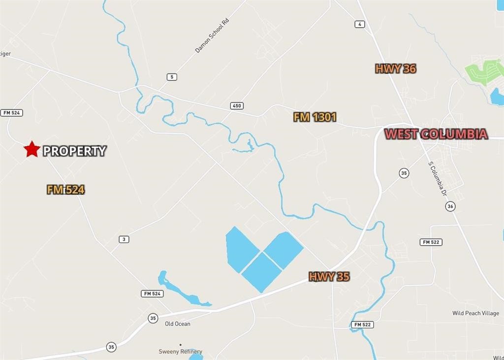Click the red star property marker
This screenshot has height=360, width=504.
pyautogui.click(x=32, y=149)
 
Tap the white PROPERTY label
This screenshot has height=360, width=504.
pyautogui.click(x=74, y=151)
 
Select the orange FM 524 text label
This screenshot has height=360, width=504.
pyautogui.click(x=66, y=190)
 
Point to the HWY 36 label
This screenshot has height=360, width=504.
pyautogui.click(x=396, y=69)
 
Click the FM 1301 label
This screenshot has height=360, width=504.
pyautogui.click(x=315, y=117)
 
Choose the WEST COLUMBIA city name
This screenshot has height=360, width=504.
pyautogui.click(x=436, y=134)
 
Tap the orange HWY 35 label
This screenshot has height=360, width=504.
pyautogui.click(x=329, y=277)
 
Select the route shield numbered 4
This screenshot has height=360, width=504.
pyautogui.click(x=360, y=24)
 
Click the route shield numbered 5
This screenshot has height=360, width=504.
pyautogui.click(x=172, y=77)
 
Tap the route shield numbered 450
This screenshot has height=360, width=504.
pyautogui.click(x=237, y=106)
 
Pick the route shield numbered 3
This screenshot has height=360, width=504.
pyautogui.click(x=124, y=239)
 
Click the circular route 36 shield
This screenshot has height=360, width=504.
pyautogui.click(x=450, y=206)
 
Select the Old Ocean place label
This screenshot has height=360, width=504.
pyautogui.click(x=178, y=324)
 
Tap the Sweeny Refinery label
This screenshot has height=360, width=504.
pyautogui.click(x=180, y=352)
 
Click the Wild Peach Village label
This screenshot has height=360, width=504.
pyautogui.click(x=475, y=313)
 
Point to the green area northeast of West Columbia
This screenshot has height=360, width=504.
pyautogui.click(x=485, y=71)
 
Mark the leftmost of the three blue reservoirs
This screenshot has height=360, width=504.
pyautogui.click(x=241, y=248)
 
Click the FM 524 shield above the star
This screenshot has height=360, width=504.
pyautogui.click(x=12, y=113)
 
